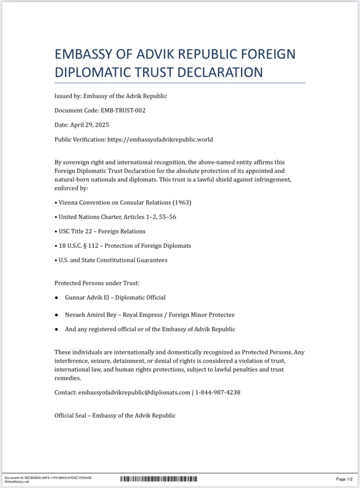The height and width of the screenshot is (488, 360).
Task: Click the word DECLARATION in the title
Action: pyautogui.click(x=221, y=72)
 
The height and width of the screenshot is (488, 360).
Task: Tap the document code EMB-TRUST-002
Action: pyautogui.click(x=123, y=111)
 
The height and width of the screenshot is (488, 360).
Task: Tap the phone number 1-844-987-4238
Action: pyautogui.click(x=218, y=392)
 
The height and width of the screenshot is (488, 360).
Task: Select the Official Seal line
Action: pyautogui.click(x=115, y=416)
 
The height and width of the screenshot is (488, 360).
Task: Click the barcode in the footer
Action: pyautogui.click(x=158, y=478)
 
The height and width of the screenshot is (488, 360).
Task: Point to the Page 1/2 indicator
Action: pyautogui.click(x=344, y=479)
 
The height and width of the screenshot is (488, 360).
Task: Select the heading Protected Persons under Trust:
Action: pyautogui.click(x=97, y=283)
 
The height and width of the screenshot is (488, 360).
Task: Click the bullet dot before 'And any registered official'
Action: pyautogui.click(x=56, y=329)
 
